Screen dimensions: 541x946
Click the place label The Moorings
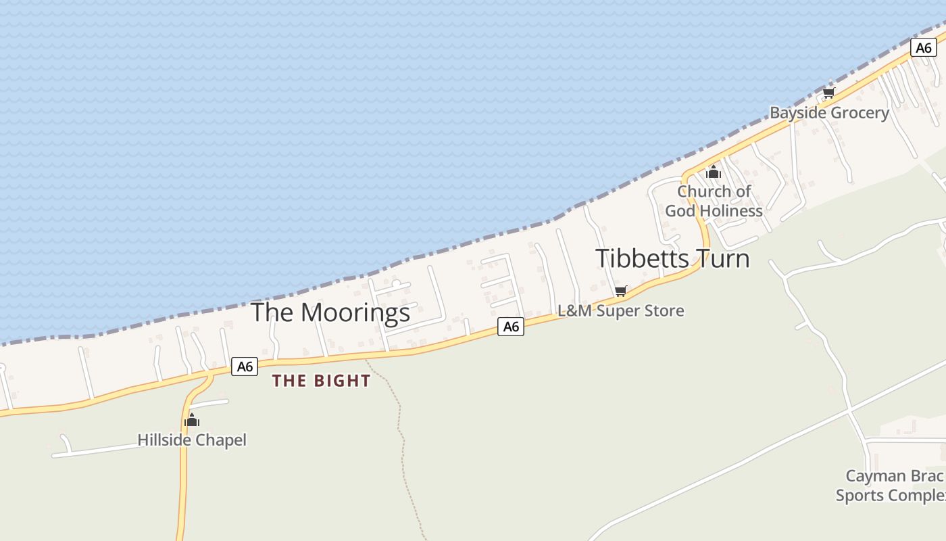click(330, 312)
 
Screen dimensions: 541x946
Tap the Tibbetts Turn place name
click(672, 258)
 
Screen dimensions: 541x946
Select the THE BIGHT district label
click(321, 381)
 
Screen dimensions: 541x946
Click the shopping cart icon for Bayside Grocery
click(828, 93)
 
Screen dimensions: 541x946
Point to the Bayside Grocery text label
click(829, 113)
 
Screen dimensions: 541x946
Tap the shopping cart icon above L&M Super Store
click(620, 291)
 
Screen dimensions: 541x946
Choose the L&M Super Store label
click(620, 311)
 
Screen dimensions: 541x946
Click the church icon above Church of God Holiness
click(714, 172)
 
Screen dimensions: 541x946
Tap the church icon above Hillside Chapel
click(192, 421)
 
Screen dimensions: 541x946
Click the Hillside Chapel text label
click(192, 440)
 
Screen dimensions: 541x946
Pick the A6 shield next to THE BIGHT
click(245, 367)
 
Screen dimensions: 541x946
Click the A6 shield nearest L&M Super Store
click(512, 327)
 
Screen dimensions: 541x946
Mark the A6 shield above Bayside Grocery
click(924, 47)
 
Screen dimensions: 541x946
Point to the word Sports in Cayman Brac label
click(859, 495)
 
